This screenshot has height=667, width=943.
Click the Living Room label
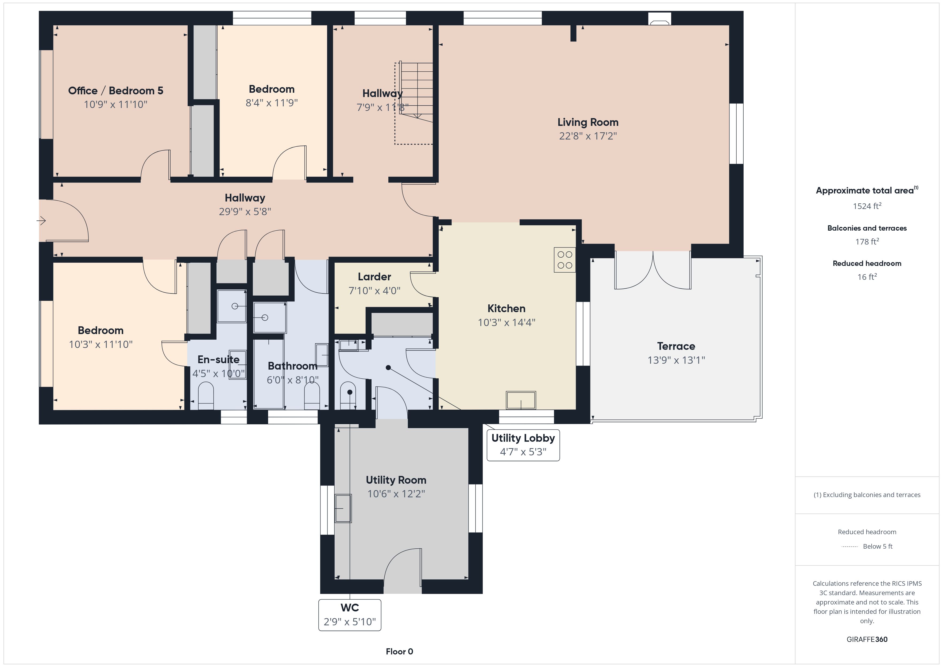tap(588, 122)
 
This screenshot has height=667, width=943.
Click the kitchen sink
tap(521, 400)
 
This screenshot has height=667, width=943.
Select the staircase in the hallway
tap(414, 103)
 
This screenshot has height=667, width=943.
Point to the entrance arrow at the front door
tap(41, 221)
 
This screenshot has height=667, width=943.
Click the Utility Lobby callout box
tap(523, 445)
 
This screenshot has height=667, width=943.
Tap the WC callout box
tap(350, 615)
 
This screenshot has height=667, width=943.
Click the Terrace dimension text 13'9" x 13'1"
tap(676, 360)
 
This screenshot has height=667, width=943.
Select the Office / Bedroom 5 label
tap(115, 91)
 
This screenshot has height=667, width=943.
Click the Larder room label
tap(374, 277)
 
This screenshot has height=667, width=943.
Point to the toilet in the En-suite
tap(206, 396)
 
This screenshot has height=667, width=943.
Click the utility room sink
tap(343, 508)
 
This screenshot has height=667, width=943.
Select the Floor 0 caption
tap(399, 652)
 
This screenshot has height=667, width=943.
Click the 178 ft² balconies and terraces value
tap(867, 242)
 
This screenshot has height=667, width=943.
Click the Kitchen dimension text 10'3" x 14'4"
tap(507, 323)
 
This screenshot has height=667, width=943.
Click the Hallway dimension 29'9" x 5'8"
tap(245, 212)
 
